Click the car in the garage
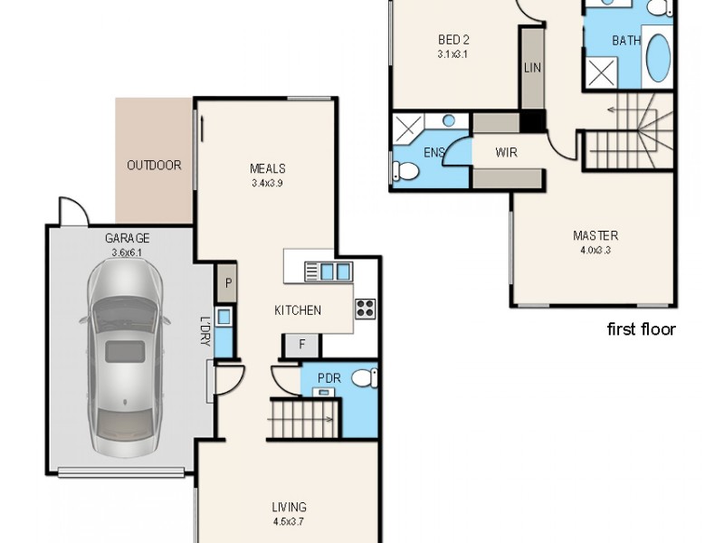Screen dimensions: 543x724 click(x=125, y=354)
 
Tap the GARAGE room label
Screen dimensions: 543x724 click(x=127, y=239)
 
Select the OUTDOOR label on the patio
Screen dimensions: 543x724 click(x=154, y=166)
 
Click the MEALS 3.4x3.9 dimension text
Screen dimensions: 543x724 click(x=268, y=183)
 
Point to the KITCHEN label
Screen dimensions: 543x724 click(x=298, y=310)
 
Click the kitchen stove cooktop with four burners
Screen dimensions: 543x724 click(x=365, y=308)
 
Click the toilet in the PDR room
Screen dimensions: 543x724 click(x=364, y=378)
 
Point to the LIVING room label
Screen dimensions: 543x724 click(x=289, y=507)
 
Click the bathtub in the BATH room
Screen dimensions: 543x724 click(x=657, y=61)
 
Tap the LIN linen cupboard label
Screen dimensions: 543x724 click(x=532, y=68)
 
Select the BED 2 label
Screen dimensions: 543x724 click(x=453, y=40)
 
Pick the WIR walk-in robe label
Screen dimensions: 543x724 click(x=507, y=153)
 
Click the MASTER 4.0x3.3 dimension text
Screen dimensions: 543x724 click(x=595, y=250)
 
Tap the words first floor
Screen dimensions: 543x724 click(x=641, y=329)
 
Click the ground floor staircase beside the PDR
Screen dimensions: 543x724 click(x=303, y=420)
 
